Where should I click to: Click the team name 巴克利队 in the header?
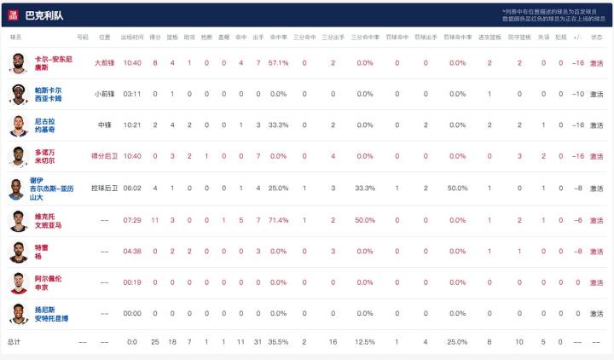44,15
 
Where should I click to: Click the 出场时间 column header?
131,38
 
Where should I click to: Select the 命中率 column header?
279,38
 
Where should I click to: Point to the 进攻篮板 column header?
489,38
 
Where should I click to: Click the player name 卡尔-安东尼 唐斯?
53,63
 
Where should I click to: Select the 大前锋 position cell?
104,62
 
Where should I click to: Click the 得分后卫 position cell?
104,156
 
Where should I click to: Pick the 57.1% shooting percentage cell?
279,62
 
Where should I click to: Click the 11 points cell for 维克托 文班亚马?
155,219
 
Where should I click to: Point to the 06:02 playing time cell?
131,188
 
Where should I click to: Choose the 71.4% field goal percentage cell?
279,219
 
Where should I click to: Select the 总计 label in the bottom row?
15,342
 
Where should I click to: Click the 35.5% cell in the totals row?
279,342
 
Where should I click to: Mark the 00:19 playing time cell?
131,282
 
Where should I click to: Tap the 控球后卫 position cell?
104,188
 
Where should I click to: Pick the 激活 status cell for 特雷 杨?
596,251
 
